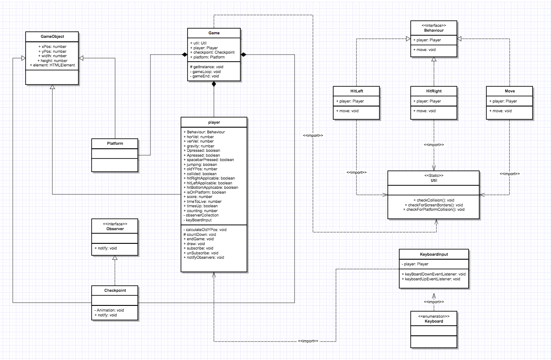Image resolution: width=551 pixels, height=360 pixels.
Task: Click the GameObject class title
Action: pos(52,37)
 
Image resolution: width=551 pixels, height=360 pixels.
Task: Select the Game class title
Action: pos(214,33)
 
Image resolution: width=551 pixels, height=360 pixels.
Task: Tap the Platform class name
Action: pos(115,143)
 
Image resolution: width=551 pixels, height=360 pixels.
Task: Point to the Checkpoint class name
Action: pos(115,290)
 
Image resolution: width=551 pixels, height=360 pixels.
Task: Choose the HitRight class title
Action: pos(433,91)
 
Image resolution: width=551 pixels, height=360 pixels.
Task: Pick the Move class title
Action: pos(510,91)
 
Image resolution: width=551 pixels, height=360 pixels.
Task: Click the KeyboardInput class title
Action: pos(433,254)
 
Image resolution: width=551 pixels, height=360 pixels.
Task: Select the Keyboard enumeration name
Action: pos(433,321)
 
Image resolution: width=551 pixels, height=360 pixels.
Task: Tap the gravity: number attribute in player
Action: pos(199,146)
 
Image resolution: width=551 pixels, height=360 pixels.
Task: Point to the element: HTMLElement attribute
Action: pos(52,66)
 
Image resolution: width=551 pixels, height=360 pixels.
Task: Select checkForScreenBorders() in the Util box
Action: pos(433,205)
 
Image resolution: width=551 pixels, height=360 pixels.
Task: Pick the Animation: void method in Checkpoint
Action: pos(109,310)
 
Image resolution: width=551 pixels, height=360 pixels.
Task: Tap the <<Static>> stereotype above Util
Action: pos(433,175)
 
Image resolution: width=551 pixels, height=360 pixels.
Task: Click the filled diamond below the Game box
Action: pos(214,84)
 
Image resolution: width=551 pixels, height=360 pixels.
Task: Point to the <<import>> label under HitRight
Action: pos(433,145)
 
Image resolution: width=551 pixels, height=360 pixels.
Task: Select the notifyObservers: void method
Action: pos(203,257)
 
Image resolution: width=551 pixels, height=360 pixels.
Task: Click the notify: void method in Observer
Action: pos(106,249)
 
